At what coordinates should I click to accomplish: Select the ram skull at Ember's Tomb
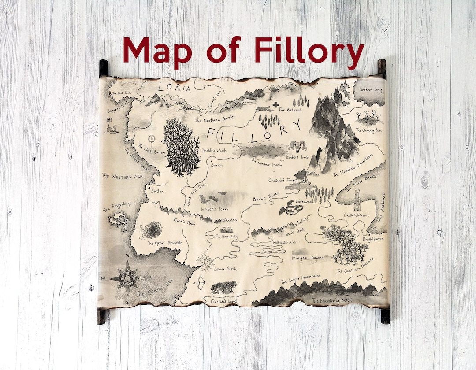pyautogui.click(x=298, y=146)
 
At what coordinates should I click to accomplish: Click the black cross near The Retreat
pyautogui.click(x=275, y=105)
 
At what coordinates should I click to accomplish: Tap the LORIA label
pyautogui.click(x=175, y=88)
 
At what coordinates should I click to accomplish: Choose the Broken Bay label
pyautogui.click(x=370, y=89)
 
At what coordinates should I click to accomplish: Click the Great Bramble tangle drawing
pyautogui.click(x=151, y=230)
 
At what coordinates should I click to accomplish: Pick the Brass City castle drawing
pyautogui.click(x=227, y=229)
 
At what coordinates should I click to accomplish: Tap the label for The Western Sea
pyautogui.click(x=123, y=176)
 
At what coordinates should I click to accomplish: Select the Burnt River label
pyautogui.click(x=267, y=196)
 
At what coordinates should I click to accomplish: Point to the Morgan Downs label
pyautogui.click(x=307, y=258)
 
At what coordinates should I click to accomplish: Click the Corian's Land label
pyautogui.click(x=223, y=301)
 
